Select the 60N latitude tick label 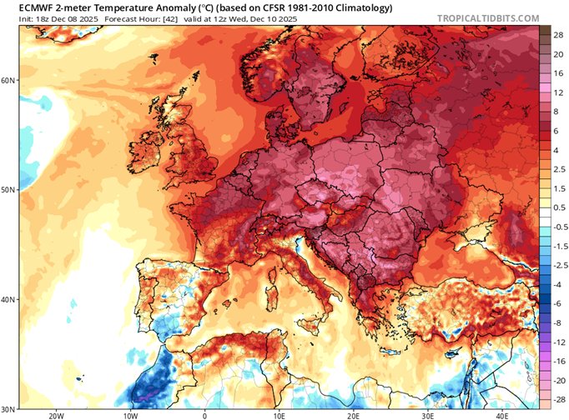click(x=8, y=80)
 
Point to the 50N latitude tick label click(x=8, y=189)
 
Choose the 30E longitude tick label click(x=429, y=414)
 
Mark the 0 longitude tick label click(x=204, y=414)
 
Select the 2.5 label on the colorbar click(x=556, y=169)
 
